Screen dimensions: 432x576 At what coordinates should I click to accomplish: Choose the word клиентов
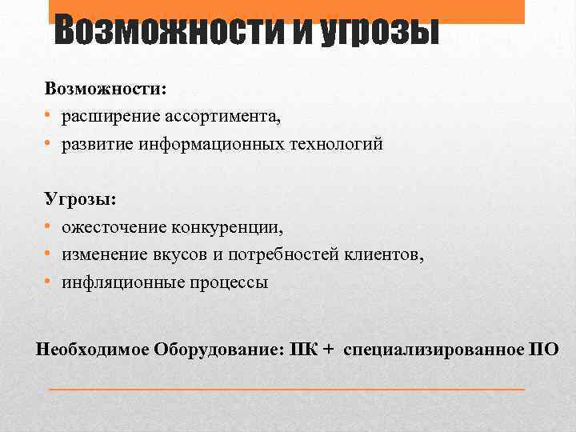(x=390, y=254)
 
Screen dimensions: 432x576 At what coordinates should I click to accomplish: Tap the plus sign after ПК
(x=329, y=350)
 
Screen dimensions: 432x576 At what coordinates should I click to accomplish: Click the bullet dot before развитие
(x=49, y=144)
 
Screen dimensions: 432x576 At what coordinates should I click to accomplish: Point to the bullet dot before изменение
(x=49, y=254)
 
